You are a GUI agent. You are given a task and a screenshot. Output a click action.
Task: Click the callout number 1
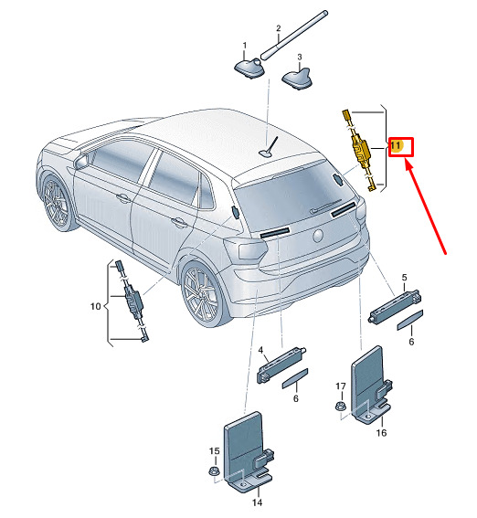tap(245, 46)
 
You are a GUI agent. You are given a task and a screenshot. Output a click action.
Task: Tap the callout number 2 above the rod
tap(279, 28)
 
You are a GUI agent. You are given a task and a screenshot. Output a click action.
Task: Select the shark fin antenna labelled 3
tap(297, 79)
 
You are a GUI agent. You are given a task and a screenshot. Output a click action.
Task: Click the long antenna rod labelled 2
tap(294, 36)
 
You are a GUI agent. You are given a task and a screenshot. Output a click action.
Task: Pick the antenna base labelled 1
tap(249, 69)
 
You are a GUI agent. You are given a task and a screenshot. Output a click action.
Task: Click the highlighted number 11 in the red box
tap(396, 145)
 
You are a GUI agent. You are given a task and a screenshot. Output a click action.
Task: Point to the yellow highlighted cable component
tap(359, 150)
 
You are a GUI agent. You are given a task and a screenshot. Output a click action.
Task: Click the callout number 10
tap(95, 306)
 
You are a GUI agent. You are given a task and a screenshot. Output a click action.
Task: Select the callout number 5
tap(405, 278)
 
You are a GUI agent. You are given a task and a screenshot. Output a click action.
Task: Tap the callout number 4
tap(261, 350)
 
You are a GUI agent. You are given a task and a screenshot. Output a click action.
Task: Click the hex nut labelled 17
tap(340, 406)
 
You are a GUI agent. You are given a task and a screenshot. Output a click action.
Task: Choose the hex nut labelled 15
tap(214, 470)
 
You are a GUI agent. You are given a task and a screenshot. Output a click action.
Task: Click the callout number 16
tap(381, 432)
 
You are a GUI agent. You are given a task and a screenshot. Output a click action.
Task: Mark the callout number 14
tap(257, 502)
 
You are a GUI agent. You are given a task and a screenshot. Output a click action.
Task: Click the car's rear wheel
tap(202, 293)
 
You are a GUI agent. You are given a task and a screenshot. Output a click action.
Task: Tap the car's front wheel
tap(57, 202)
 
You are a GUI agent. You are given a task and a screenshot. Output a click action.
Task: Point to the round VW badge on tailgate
tap(318, 236)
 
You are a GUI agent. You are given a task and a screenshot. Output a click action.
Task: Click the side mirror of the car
tap(82, 161)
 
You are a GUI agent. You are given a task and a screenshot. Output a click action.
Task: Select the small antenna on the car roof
tap(269, 147)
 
